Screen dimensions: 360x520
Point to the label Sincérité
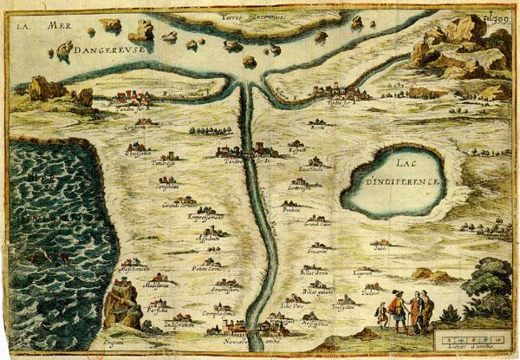pyautogui.click(x=316, y=251)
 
